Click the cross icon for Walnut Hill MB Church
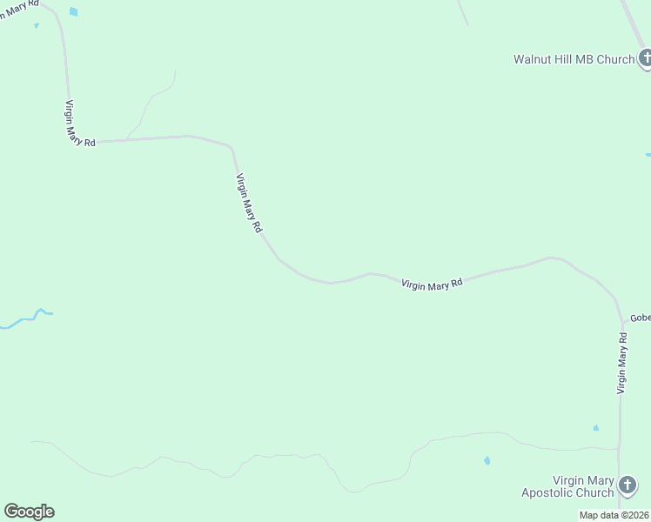pyautogui.click(x=645, y=59)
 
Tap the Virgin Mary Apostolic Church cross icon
pyautogui.click(x=626, y=485)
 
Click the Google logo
pyautogui.click(x=29, y=512)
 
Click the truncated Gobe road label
pyautogui.click(x=640, y=318)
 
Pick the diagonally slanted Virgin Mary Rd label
pyautogui.click(x=249, y=202)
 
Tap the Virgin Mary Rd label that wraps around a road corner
pyautogui.click(x=77, y=124)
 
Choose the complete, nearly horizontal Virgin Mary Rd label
pyautogui.click(x=432, y=284)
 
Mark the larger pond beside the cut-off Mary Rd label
pyautogui.click(x=73, y=12)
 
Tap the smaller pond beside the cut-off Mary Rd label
pyautogui.click(x=37, y=25)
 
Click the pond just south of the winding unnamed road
pyautogui.click(x=487, y=460)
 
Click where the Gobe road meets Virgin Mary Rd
pyautogui.click(x=621, y=319)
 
